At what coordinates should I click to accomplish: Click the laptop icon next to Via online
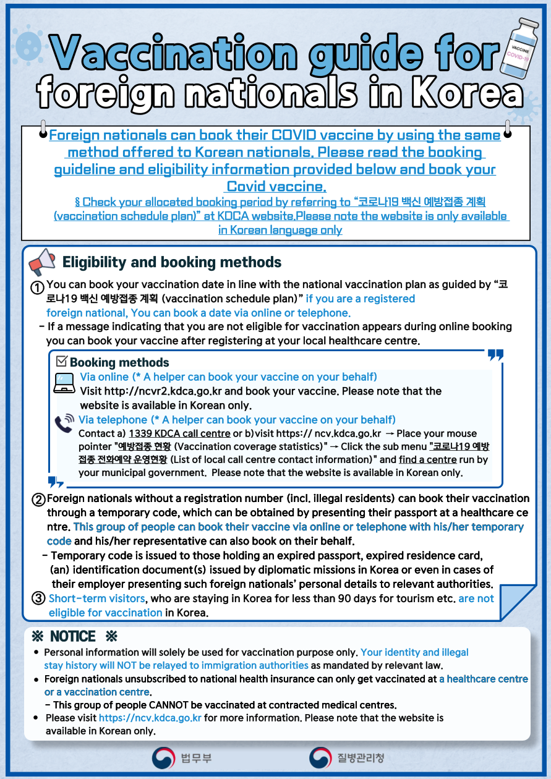pyautogui.click(x=63, y=383)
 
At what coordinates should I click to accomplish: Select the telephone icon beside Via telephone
pyautogui.click(x=64, y=422)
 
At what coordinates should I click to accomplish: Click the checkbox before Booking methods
pyautogui.click(x=62, y=362)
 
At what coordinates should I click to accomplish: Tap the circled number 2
pyautogui.click(x=38, y=499)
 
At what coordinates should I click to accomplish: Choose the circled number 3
pyautogui.click(x=38, y=598)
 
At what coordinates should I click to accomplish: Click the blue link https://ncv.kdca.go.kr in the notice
pyautogui.click(x=150, y=718)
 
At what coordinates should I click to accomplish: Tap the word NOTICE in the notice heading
pyautogui.click(x=73, y=636)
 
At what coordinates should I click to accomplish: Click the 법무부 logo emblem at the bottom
pyautogui.click(x=163, y=757)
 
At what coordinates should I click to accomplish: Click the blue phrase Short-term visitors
pyautogui.click(x=97, y=598)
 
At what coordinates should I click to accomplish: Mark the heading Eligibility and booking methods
pyautogui.click(x=172, y=262)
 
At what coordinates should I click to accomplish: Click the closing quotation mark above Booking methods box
pyautogui.click(x=495, y=355)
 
